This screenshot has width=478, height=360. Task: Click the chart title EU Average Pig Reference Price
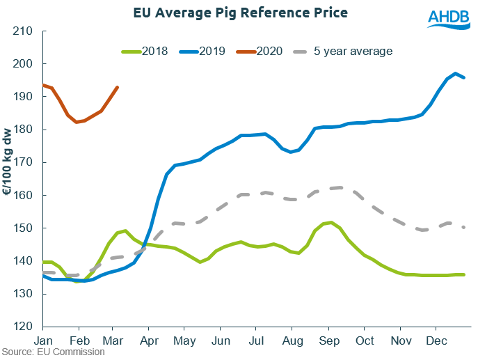pos(239,13)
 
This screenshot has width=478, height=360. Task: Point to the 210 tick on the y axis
pos(22,31)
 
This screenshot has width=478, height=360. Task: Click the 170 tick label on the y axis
pos(22,162)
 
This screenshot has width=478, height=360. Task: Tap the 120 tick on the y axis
pos(22,327)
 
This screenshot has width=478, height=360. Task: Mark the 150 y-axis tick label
pos(22,228)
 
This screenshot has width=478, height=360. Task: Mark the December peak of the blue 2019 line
pos(455,73)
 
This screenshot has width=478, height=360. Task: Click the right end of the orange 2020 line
pos(118,87)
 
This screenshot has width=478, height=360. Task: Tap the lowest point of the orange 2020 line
pos(77,122)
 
